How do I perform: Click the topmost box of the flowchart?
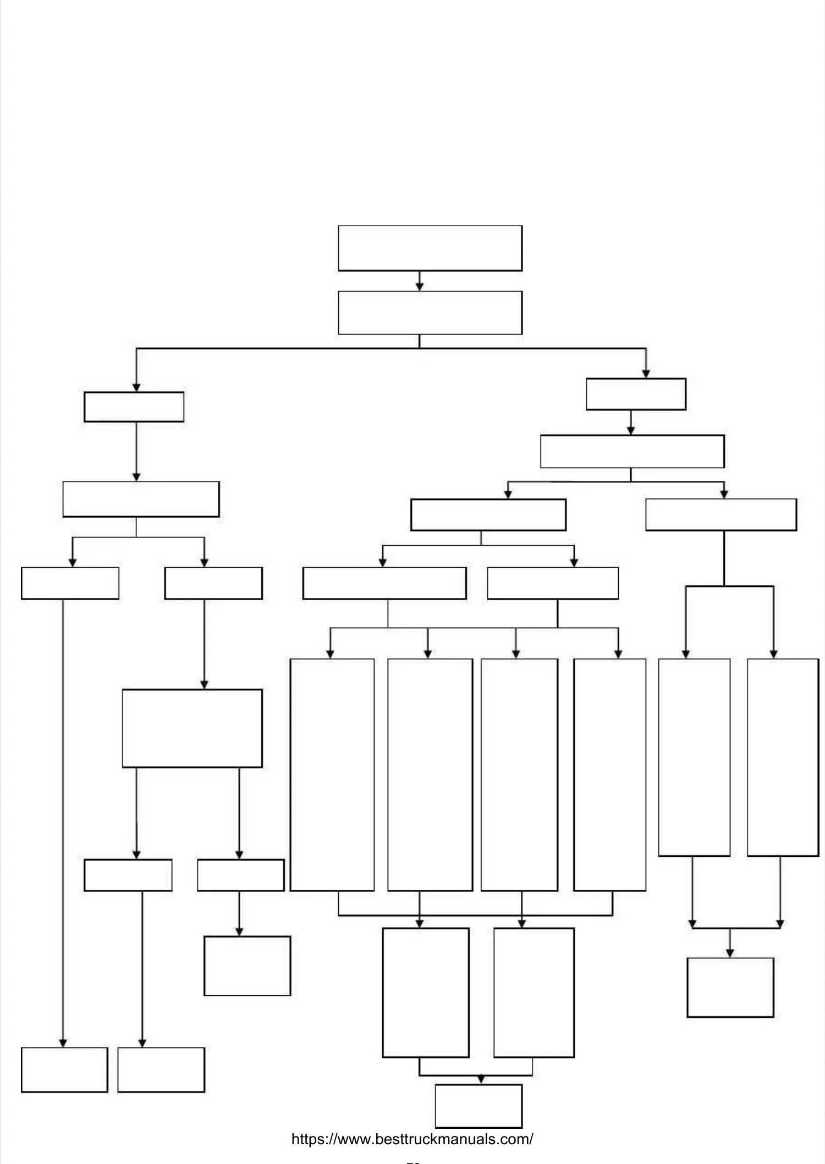430,248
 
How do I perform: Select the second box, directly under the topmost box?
430,313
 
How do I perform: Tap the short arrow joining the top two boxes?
420,281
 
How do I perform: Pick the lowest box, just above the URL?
479,1106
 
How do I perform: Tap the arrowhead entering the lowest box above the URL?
481,1080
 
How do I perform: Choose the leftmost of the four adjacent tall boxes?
332,775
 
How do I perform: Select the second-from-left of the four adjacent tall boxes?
430,775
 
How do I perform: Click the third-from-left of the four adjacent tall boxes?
519,775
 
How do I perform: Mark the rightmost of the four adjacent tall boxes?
609,775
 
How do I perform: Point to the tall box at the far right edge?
783,757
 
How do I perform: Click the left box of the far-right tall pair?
694,757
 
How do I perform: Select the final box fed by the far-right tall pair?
730,988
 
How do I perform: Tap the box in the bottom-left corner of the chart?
64,1070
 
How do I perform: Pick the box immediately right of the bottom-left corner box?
161,1070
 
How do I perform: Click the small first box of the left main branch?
134,407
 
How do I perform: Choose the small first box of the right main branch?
636,394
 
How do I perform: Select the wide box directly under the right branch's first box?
632,452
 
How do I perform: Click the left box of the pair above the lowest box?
426,993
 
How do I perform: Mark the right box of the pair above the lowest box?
533,993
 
